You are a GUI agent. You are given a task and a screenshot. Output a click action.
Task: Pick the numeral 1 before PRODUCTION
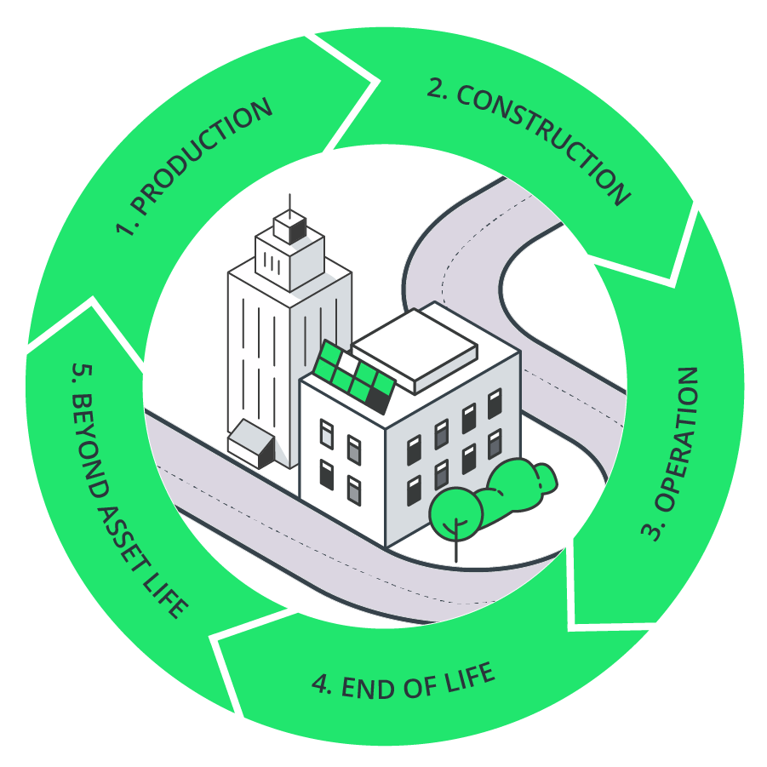126,229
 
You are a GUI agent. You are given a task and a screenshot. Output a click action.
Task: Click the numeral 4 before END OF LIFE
321,687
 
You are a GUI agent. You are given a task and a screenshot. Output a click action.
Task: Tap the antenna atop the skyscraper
289,204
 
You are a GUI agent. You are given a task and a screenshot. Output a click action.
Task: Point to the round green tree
455,512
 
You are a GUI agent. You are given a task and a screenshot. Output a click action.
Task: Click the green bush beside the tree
514,484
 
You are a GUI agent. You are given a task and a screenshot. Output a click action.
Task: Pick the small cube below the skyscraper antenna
289,226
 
